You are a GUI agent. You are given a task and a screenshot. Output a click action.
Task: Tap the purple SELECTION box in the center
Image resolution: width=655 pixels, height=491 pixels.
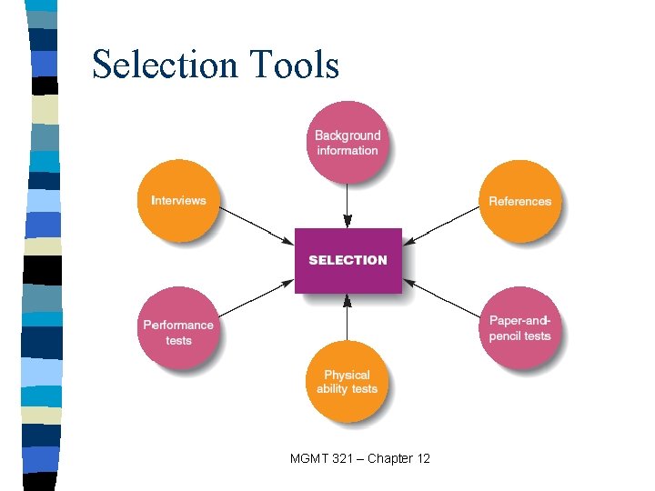point(348,260)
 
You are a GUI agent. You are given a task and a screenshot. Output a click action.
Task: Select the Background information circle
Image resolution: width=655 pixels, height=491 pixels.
point(347,143)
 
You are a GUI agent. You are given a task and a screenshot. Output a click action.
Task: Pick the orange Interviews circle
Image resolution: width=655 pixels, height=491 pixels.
point(178,201)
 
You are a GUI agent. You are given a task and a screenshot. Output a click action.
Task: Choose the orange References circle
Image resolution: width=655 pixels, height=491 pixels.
point(519,202)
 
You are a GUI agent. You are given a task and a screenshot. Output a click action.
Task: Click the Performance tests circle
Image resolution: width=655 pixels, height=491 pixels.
point(178,332)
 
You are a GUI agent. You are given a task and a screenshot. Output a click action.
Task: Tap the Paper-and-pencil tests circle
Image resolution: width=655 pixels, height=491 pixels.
point(520,328)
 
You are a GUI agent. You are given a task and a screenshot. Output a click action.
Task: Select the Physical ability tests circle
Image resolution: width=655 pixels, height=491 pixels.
point(347,382)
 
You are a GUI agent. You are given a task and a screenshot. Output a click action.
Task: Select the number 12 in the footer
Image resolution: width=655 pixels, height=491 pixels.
point(423,458)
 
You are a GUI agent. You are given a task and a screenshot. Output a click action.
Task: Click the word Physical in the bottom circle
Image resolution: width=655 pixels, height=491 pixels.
point(347,375)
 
